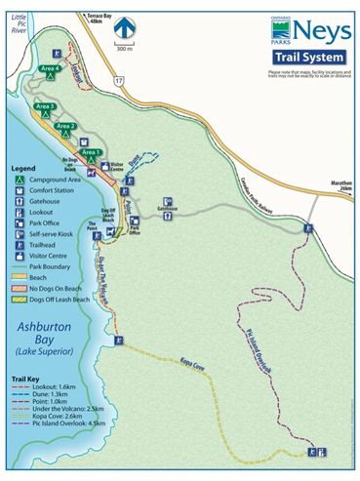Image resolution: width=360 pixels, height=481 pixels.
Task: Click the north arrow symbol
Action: [x=124, y=30]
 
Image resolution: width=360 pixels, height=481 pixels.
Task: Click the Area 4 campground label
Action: [x=51, y=69]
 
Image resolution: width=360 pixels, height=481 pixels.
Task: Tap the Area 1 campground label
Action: [x=90, y=153]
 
